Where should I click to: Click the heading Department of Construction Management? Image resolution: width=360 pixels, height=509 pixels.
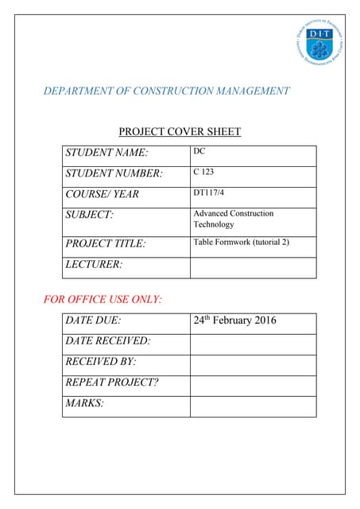coord(166,91)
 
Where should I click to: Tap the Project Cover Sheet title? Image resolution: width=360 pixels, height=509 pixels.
coord(180,132)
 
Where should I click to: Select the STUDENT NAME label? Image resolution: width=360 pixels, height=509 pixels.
coord(107,152)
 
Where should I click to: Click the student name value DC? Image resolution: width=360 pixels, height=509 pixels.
coord(199,151)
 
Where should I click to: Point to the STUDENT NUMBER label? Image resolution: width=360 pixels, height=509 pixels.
coord(114,173)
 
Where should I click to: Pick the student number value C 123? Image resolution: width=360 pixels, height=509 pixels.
coord(203,172)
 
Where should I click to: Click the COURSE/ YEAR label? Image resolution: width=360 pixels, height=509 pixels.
coord(102,193)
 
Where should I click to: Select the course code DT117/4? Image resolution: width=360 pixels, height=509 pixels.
coord(209,192)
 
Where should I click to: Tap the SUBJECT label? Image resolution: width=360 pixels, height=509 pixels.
coord(89,214)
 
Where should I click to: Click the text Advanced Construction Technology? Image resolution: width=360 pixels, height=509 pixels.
coord(233,219)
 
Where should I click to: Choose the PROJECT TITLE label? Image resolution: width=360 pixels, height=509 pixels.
coord(106,243)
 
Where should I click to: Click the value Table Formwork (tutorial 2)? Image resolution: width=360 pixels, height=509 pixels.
coord(241,242)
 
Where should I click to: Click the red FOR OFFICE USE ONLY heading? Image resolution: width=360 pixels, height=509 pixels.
coord(102,300)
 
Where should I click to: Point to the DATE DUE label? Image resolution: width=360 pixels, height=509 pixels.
coord(93,321)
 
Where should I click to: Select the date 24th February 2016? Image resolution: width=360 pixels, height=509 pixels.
coord(234,321)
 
